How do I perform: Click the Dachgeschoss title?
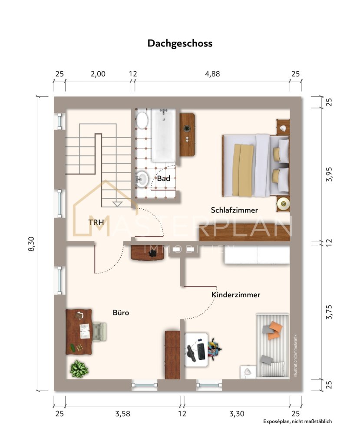click(x=180, y=43)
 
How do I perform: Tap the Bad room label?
click(x=164, y=178)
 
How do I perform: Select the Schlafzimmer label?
click(x=234, y=210)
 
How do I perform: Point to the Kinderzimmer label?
click(x=236, y=295)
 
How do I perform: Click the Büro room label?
click(x=121, y=312)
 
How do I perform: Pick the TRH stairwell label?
click(x=96, y=222)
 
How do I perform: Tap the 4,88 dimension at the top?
click(x=212, y=74)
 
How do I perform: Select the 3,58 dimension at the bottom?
click(x=122, y=414)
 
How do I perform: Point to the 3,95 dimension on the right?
click(x=329, y=174)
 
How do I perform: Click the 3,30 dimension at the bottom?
click(x=237, y=414)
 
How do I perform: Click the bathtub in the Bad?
click(x=163, y=135)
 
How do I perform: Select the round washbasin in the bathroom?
click(x=142, y=179)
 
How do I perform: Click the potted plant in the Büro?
click(x=79, y=368)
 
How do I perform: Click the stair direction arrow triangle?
click(x=117, y=204)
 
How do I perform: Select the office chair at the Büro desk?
click(x=99, y=331)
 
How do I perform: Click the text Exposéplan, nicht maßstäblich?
click(x=297, y=421)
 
